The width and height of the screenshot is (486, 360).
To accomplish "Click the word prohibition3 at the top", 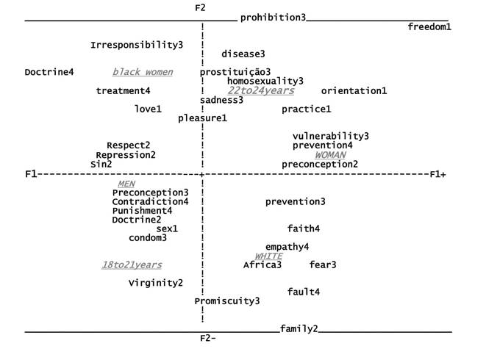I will (x=273, y=17).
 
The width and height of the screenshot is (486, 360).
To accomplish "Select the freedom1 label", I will (x=429, y=27).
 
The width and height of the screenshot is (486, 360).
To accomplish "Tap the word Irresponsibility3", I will (x=137, y=45).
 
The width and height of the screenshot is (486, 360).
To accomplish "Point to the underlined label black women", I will (x=143, y=72).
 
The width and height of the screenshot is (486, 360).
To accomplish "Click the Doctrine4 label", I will (x=49, y=72).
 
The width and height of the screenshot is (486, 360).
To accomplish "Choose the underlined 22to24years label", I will (x=260, y=90).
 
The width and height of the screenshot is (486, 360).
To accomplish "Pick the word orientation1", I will (x=354, y=91).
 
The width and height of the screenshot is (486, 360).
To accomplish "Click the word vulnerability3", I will (x=330, y=136).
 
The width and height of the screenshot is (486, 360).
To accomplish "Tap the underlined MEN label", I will (x=126, y=183).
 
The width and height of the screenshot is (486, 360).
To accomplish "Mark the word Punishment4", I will (x=143, y=210).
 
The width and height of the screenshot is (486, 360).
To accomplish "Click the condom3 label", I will (x=148, y=237).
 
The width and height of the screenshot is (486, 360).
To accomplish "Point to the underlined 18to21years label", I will (x=132, y=264).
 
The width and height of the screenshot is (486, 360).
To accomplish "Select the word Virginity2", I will (x=156, y=283).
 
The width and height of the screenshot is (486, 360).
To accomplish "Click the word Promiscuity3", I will (x=227, y=300).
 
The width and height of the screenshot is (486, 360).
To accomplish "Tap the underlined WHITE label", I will (x=268, y=256).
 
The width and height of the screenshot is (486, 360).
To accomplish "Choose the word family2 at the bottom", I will (x=299, y=328).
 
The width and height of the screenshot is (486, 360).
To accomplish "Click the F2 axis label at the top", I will (x=200, y=7).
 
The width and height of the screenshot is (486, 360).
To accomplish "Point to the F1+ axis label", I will (x=438, y=174).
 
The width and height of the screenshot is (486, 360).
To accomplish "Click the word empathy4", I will (x=287, y=246).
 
